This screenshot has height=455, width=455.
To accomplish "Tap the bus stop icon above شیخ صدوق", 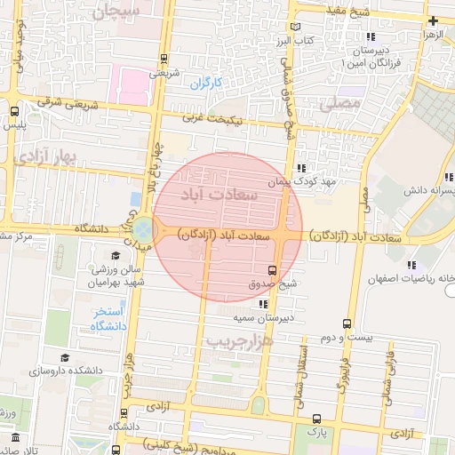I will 272,269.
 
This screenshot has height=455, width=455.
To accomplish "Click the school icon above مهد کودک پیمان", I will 301,167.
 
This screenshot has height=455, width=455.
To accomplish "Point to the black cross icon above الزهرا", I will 433,20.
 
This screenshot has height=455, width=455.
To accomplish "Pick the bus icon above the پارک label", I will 317,419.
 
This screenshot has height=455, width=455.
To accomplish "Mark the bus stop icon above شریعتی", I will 164,59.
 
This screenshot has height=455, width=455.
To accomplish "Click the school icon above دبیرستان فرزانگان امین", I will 370,37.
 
